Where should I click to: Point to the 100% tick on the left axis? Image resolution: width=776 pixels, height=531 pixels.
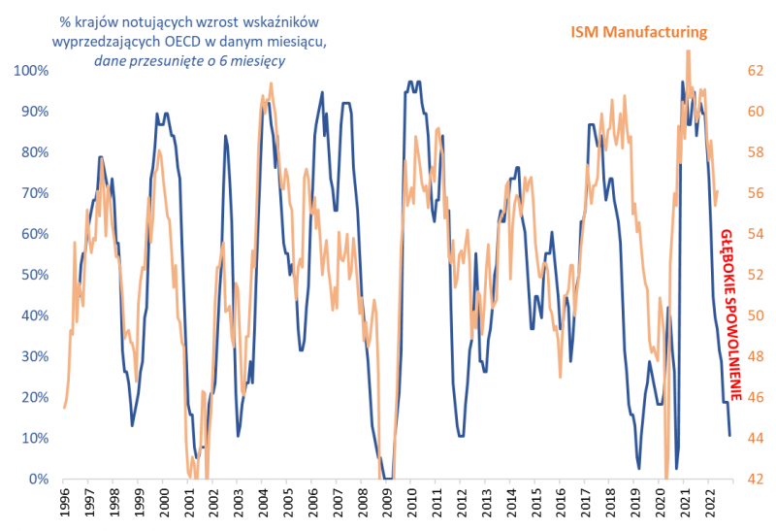tap(31, 71)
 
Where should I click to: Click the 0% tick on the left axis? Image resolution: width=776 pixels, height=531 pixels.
tap(38, 480)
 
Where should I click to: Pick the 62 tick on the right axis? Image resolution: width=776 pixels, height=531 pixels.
tap(753, 71)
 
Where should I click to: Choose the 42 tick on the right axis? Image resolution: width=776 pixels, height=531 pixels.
tap(753, 480)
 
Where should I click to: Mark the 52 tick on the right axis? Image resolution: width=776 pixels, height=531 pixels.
tap(753, 275)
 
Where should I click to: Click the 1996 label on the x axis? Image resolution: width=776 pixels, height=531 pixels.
tap(63, 505)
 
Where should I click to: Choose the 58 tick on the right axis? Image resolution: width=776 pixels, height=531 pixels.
tap(753, 152)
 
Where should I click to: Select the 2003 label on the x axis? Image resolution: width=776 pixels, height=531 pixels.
tap(237, 505)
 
